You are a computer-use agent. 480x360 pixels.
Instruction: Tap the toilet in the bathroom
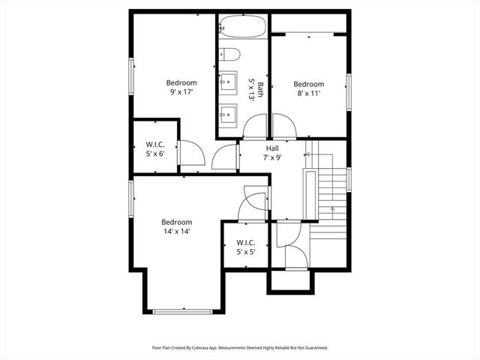[x=229, y=54]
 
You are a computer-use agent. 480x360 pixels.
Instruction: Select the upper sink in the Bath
[x=228, y=80]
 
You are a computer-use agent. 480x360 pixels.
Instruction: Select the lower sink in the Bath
[x=228, y=114]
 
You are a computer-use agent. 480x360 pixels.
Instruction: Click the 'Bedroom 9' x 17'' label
[x=181, y=88]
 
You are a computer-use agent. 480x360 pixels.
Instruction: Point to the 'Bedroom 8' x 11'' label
[x=308, y=89]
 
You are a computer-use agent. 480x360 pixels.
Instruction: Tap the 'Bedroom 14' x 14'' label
[x=177, y=226]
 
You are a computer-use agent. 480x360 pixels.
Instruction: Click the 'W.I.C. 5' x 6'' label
[x=155, y=149]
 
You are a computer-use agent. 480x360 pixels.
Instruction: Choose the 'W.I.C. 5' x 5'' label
[x=246, y=247]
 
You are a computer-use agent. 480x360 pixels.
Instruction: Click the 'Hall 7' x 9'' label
[x=271, y=153]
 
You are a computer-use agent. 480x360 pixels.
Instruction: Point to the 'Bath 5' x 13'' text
[x=256, y=91]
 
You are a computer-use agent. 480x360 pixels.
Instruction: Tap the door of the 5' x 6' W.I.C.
[x=191, y=154]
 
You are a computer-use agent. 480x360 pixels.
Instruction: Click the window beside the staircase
[x=349, y=179]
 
